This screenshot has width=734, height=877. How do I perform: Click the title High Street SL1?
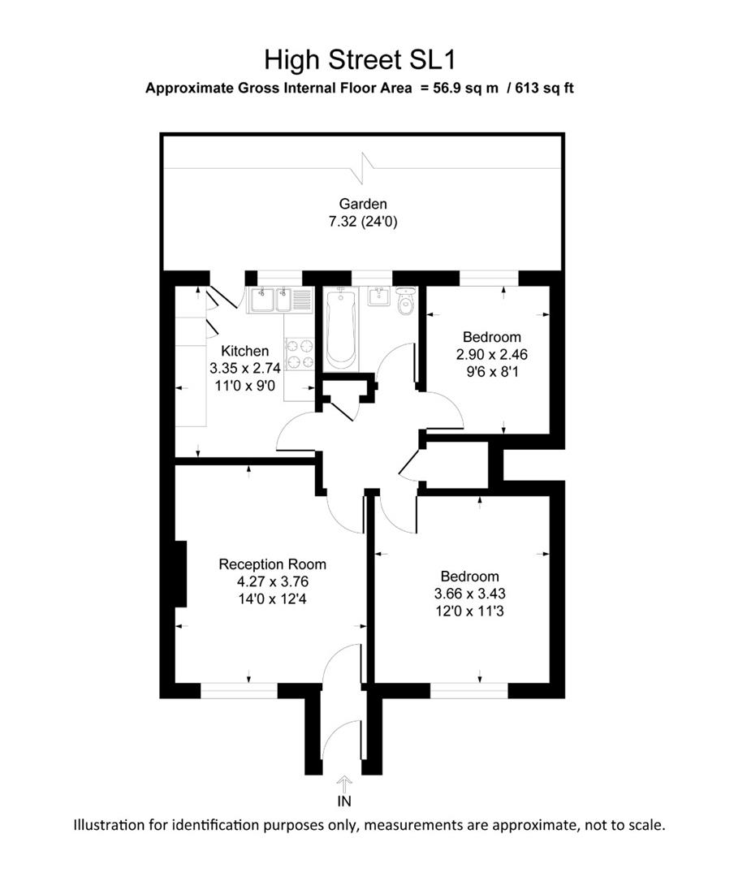[365, 60]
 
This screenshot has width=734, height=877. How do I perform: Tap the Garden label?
[363, 205]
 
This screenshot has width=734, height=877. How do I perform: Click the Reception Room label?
[273, 564]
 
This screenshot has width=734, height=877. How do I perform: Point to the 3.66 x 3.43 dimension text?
[478, 594]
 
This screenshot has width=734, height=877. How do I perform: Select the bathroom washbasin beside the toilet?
[379, 296]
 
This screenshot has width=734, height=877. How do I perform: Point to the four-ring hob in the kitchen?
[300, 353]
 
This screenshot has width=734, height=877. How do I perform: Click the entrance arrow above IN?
[344, 785]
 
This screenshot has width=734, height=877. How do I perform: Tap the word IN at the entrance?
[344, 802]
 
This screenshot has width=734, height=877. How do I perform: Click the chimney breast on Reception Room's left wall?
[182, 574]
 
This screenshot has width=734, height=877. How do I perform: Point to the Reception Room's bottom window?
[239, 690]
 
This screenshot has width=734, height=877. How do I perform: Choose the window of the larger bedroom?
[468, 690]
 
